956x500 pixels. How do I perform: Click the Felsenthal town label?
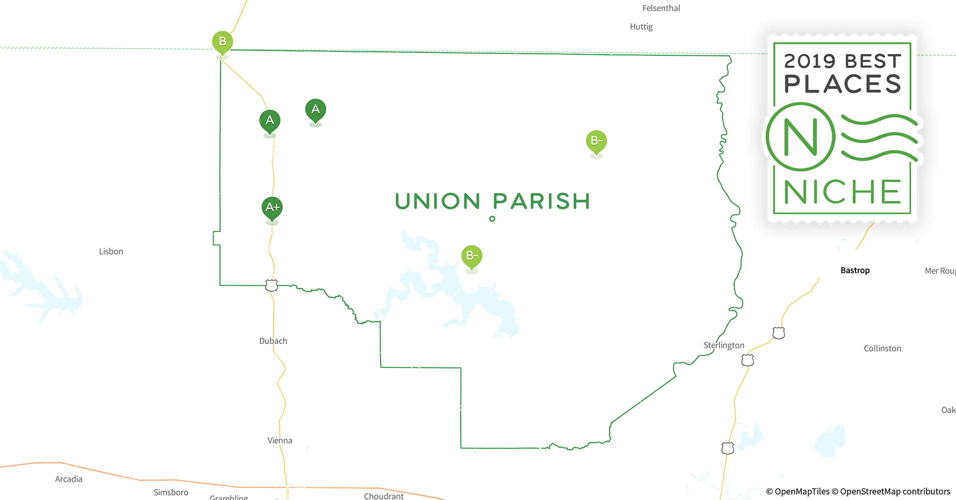(661, 8)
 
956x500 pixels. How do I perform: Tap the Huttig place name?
(641, 26)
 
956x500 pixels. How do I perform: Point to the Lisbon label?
(111, 251)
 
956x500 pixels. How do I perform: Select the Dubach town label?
(273, 341)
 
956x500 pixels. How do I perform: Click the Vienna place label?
(280, 440)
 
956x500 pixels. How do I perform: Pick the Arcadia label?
(69, 479)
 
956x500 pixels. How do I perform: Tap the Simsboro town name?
(171, 492)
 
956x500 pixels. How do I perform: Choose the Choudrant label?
(384, 496)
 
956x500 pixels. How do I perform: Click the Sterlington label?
(724, 345)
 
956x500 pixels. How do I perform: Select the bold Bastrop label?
(855, 270)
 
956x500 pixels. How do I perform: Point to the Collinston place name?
(882, 348)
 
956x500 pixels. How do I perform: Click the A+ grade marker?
(272, 207)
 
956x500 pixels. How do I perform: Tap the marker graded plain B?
(222, 42)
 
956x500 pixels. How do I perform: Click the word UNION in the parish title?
(438, 201)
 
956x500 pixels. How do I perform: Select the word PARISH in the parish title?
(542, 201)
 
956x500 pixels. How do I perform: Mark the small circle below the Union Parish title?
(493, 219)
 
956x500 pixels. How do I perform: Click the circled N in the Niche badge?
(800, 137)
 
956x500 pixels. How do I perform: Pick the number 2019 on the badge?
(810, 61)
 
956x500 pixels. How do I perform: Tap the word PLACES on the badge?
(843, 84)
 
